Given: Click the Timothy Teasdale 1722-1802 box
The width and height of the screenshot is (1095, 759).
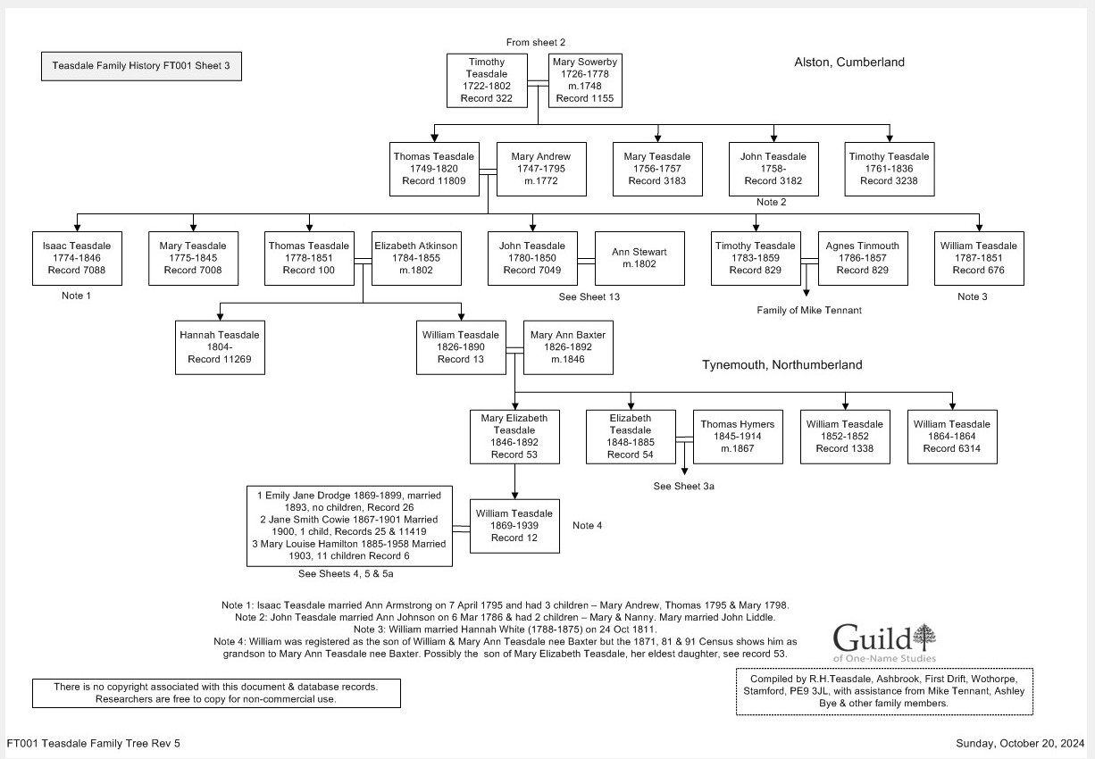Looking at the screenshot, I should point(488,80).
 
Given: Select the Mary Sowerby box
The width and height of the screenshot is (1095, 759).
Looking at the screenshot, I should point(584,80).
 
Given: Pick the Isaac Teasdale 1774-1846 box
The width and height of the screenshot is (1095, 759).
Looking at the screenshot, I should point(77,258).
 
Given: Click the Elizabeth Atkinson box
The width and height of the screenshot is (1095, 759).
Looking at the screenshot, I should point(416,258).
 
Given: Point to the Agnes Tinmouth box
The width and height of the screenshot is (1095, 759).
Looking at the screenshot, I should point(863,258).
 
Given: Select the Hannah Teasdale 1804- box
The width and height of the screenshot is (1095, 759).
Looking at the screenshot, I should point(220,347).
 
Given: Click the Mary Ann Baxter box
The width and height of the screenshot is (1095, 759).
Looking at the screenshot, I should point(568,347).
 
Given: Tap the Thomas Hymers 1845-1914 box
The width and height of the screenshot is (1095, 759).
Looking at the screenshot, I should point(738,437).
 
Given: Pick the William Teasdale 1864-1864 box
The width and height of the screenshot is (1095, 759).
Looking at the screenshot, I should point(952,437).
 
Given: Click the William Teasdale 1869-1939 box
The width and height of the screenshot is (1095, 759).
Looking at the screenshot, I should point(514,526).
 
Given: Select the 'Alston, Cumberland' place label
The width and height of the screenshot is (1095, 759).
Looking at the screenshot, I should point(848,63).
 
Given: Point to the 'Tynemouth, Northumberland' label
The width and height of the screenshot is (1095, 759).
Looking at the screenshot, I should point(782,365).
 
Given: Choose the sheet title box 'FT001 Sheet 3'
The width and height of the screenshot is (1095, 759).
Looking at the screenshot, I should point(141,66).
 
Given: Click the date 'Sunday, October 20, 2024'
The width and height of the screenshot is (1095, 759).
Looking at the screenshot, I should point(1019,743).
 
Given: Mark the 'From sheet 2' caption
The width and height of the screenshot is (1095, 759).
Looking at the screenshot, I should point(536,42).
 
